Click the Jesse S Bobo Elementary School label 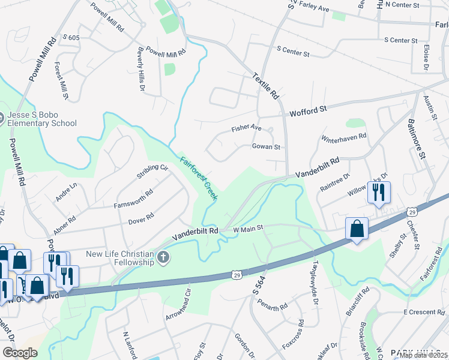pos(42,119)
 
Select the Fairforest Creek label pos(199,178)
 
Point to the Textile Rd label pos(266,86)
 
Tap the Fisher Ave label pos(247,128)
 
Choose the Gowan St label pos(267,146)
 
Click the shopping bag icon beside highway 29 pos(357,229)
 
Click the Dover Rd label pos(141,218)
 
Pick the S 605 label pos(70,38)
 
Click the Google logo pos(20,352)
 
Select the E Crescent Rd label pos(423,313)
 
